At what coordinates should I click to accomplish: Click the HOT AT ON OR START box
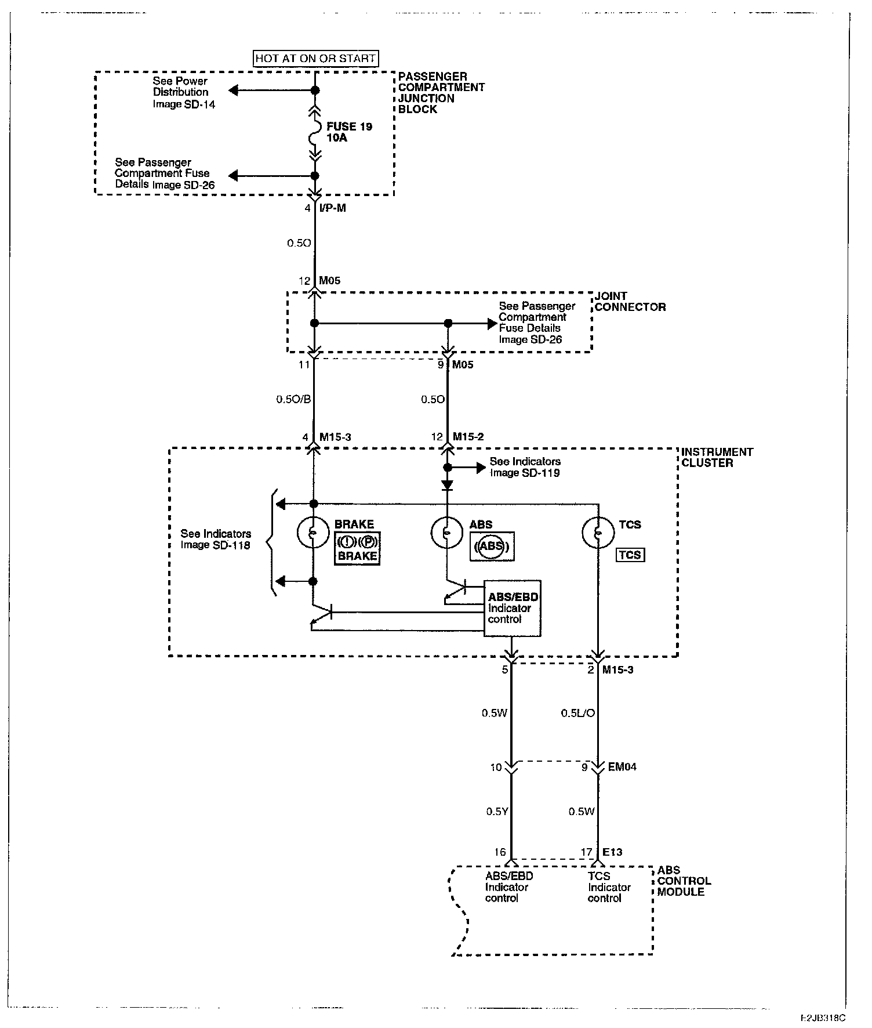(x=316, y=59)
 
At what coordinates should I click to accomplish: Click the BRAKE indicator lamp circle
(x=313, y=532)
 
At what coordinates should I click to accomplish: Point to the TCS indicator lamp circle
(x=598, y=532)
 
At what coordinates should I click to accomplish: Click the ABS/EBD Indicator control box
(x=513, y=608)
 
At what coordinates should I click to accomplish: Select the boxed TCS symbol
(x=630, y=555)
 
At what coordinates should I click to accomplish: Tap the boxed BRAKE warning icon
(x=357, y=548)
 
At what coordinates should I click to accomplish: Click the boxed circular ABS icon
(x=492, y=546)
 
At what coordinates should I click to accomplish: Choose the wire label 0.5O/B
(x=293, y=400)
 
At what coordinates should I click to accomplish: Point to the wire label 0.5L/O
(x=577, y=713)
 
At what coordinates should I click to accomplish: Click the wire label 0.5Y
(x=497, y=812)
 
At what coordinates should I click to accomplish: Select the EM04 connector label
(x=622, y=767)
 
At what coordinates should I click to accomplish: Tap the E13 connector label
(x=612, y=852)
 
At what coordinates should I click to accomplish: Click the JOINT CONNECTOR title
(x=630, y=302)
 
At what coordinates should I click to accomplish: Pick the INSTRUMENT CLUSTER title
(x=717, y=457)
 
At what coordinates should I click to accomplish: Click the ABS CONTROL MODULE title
(x=684, y=881)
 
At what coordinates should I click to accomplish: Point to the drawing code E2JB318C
(x=823, y=1018)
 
